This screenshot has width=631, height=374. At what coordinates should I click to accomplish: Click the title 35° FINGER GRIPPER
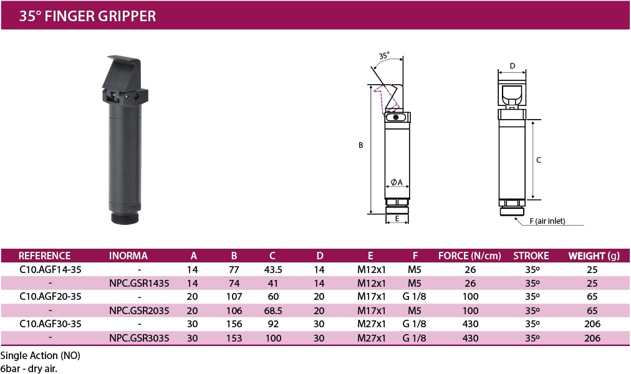(x=87, y=16)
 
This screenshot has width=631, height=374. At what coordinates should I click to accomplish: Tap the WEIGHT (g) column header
(x=594, y=256)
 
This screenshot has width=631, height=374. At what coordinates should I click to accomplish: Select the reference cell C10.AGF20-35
(x=51, y=297)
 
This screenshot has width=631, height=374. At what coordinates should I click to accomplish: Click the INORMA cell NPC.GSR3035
(x=139, y=338)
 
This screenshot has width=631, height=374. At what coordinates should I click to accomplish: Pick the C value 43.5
(x=273, y=270)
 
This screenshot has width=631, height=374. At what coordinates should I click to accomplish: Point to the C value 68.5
(x=273, y=311)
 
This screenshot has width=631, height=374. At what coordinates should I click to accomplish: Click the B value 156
(x=234, y=324)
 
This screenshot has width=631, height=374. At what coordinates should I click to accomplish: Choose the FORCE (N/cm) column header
(x=470, y=256)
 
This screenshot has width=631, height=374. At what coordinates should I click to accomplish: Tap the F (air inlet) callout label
(x=547, y=221)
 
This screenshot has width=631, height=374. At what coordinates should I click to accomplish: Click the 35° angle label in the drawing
(x=384, y=55)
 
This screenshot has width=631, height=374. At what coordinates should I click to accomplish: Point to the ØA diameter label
(x=397, y=182)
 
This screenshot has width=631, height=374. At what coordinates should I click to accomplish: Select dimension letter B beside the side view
(x=361, y=145)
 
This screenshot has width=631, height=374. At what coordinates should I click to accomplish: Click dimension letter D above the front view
(x=513, y=66)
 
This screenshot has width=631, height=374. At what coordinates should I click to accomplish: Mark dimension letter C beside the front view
(x=539, y=160)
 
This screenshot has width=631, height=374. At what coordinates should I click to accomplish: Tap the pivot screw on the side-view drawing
(x=396, y=117)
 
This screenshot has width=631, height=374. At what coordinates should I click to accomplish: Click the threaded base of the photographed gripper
(x=125, y=218)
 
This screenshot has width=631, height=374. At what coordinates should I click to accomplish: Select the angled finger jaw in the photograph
(x=122, y=72)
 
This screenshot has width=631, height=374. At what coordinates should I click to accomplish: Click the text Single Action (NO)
(x=41, y=356)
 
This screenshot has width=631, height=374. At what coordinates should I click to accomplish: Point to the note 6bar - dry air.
(x=29, y=368)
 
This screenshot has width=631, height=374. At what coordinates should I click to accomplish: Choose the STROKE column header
(x=531, y=256)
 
